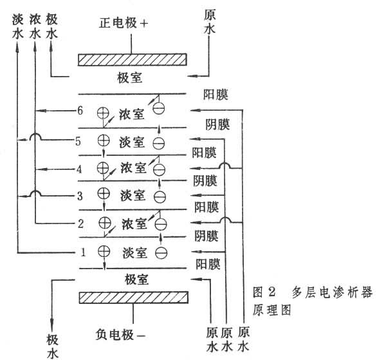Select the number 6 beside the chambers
point(80,111)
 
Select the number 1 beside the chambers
point(83,252)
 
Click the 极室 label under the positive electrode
point(134,79)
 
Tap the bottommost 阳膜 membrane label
point(207,263)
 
